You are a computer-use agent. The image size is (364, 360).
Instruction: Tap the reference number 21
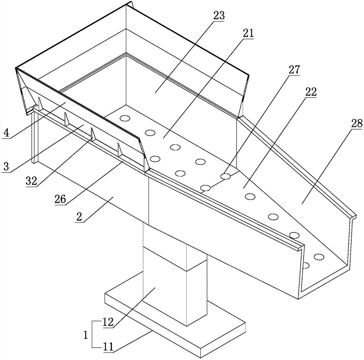[x=248, y=34]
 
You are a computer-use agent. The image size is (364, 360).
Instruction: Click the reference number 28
[x=357, y=123]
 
